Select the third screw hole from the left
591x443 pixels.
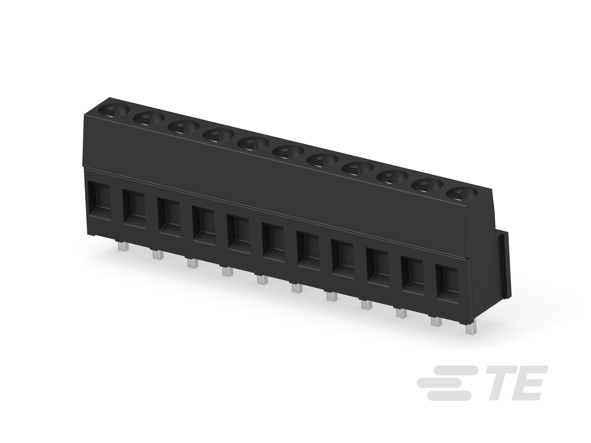click(184, 127)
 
